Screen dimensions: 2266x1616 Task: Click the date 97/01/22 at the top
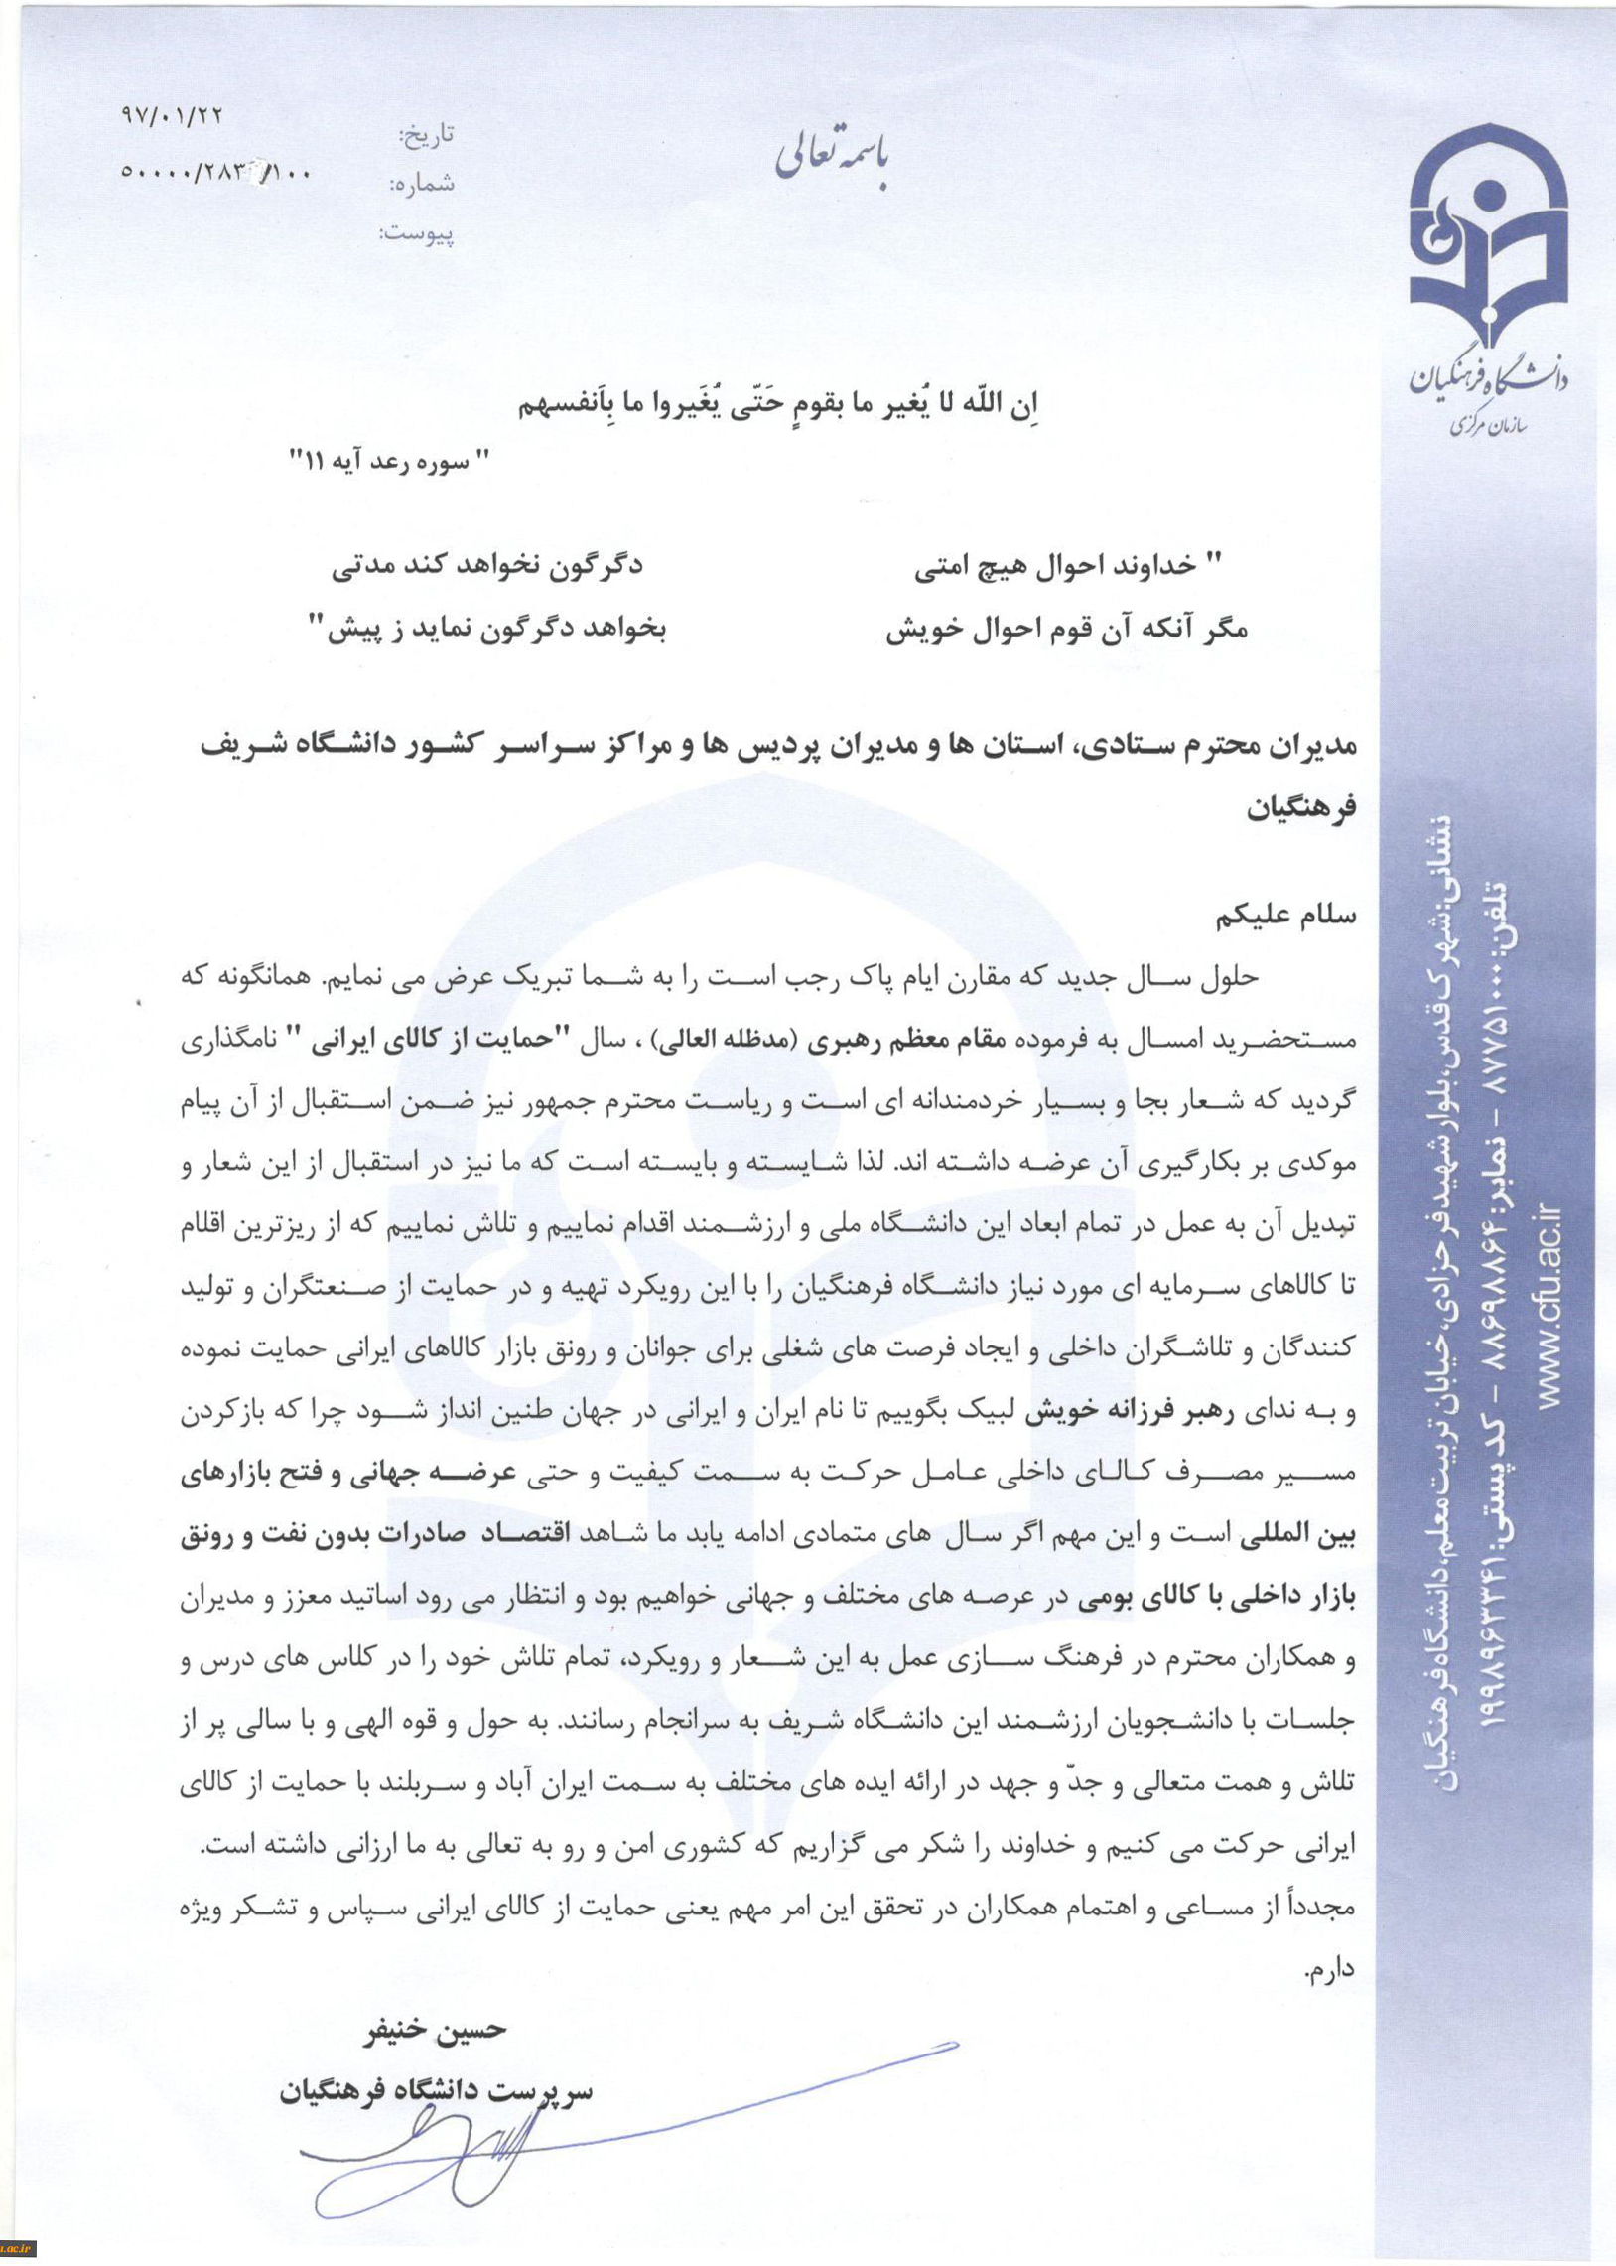pyautogui.click(x=172, y=116)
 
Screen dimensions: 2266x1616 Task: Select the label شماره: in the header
pyautogui.click(x=422, y=184)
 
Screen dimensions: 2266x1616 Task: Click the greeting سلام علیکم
pyautogui.click(x=1285, y=916)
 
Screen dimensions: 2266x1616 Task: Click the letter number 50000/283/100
pyautogui.click(x=215, y=172)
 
